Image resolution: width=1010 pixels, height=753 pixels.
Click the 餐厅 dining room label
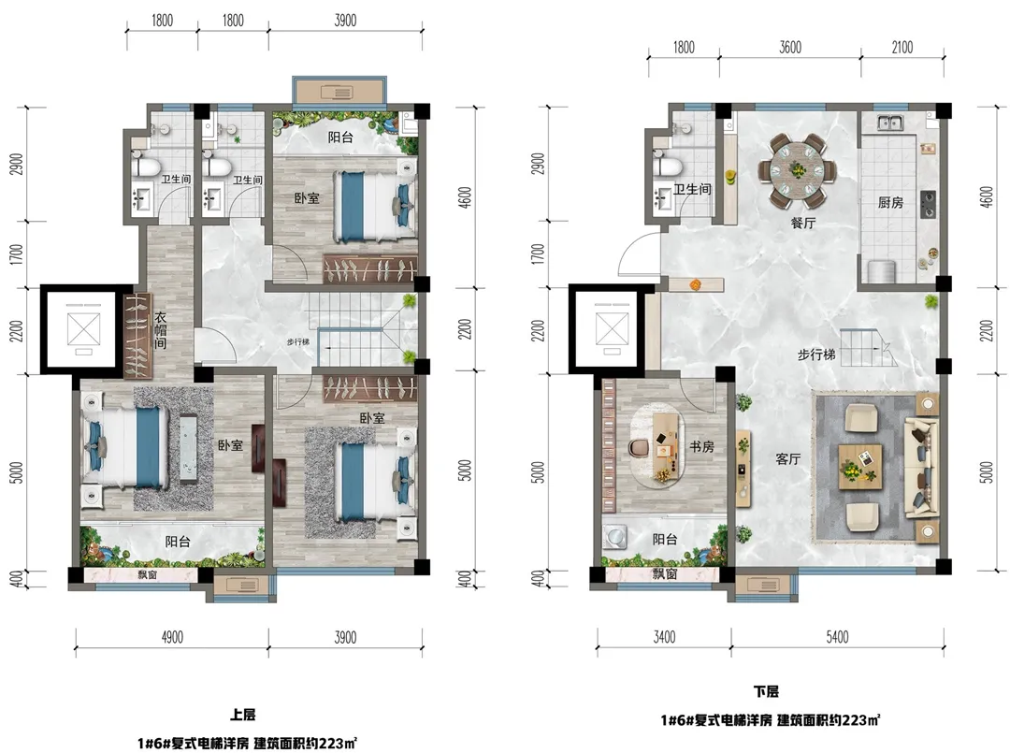[x=802, y=223]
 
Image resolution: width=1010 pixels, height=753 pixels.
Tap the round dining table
[x=798, y=170]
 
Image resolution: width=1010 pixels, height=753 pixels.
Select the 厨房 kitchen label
[x=890, y=202]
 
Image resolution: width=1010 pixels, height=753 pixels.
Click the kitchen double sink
[x=889, y=122]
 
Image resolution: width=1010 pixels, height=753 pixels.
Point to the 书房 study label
[x=701, y=446]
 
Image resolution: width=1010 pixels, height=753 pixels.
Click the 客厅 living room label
[x=787, y=458]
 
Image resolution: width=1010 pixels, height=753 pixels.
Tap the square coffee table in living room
[x=860, y=467]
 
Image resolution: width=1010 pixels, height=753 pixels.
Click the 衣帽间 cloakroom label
[x=161, y=330]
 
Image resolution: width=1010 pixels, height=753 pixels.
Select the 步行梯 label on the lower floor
[x=816, y=355]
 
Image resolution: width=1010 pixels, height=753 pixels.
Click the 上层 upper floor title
[x=243, y=715]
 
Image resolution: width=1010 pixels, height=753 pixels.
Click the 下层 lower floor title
[x=766, y=691]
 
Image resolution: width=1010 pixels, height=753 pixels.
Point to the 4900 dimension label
[x=171, y=637]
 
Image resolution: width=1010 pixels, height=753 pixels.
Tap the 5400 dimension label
[x=837, y=637]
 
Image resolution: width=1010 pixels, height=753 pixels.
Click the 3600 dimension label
[x=789, y=48]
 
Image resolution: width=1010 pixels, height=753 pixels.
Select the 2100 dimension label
[x=902, y=48]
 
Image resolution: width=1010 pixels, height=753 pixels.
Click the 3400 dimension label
[x=664, y=637]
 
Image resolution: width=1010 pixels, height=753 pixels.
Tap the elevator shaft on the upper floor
[x=84, y=329]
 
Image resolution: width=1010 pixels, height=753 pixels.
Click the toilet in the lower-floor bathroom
[x=667, y=165]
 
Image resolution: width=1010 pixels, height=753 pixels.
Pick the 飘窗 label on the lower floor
[x=664, y=573]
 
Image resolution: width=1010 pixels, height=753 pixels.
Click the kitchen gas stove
[x=929, y=204]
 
